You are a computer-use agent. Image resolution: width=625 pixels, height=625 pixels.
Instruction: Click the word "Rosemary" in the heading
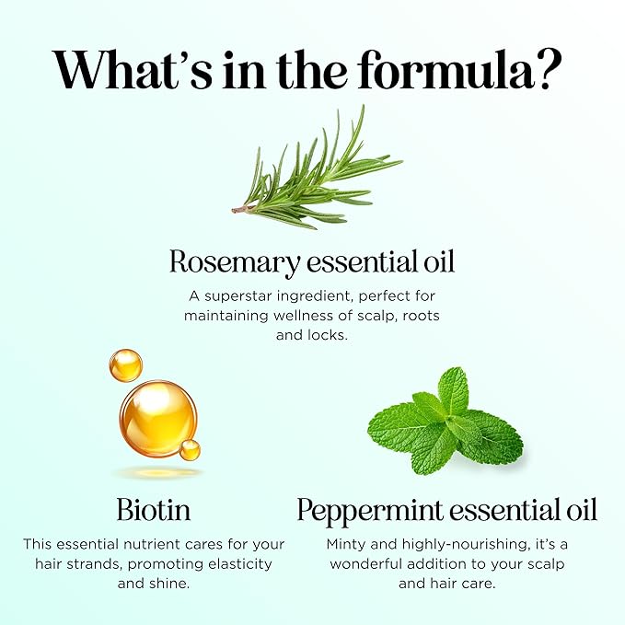(234, 262)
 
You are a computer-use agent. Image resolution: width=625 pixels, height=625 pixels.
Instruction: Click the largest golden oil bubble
(157, 420)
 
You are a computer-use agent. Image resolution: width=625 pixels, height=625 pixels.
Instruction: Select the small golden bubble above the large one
(125, 365)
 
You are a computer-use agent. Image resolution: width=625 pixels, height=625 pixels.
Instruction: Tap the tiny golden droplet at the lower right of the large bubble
(191, 450)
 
